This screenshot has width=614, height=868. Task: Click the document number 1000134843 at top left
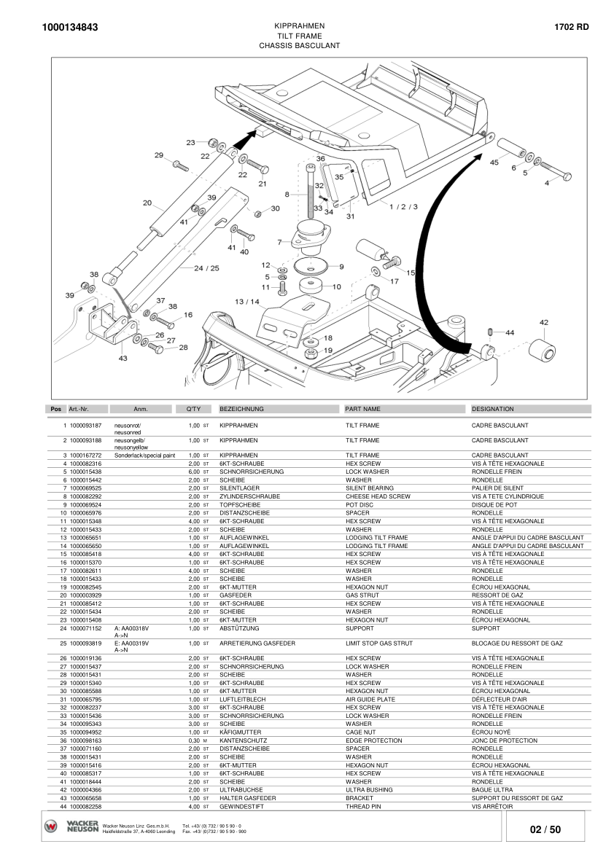[x=70, y=27]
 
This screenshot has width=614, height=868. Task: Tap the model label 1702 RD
[x=572, y=26]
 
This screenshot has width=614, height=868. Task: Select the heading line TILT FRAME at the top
[x=300, y=36]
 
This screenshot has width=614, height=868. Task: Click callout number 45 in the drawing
[x=494, y=163]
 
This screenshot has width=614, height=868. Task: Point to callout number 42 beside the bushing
[x=544, y=322]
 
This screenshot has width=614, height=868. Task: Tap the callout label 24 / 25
[x=206, y=268]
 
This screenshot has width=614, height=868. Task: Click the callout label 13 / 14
[x=247, y=302]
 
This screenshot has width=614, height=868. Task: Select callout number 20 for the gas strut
[x=147, y=203]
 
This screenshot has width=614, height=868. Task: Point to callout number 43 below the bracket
[x=123, y=358]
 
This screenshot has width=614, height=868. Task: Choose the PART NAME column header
[x=363, y=409]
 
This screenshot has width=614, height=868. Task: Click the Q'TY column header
[x=194, y=409]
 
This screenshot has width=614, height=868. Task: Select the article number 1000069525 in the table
[x=86, y=488]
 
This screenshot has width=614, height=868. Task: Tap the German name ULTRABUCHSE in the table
[x=241, y=790]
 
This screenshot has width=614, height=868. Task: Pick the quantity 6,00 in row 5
[x=194, y=472]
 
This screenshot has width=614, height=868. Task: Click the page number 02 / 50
[x=545, y=829]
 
